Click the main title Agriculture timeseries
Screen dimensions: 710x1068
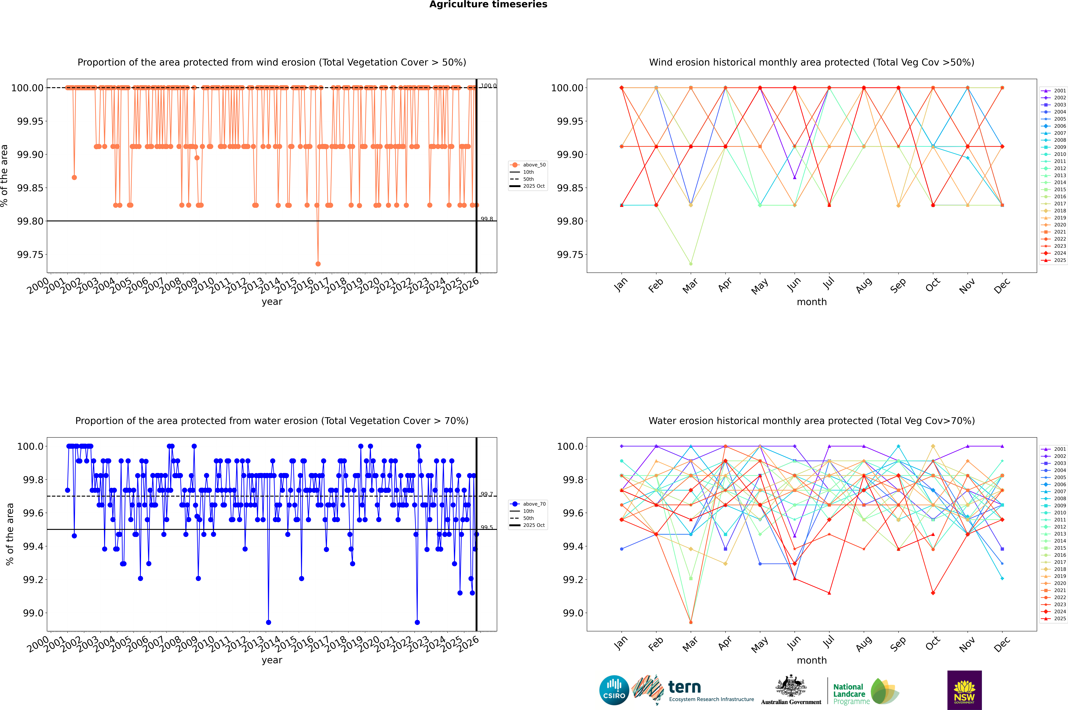click(488, 4)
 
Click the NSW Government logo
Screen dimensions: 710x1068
click(964, 690)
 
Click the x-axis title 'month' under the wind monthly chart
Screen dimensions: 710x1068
click(811, 302)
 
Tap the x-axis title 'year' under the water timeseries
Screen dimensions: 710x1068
click(272, 660)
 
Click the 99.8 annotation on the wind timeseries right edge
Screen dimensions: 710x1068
click(487, 219)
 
